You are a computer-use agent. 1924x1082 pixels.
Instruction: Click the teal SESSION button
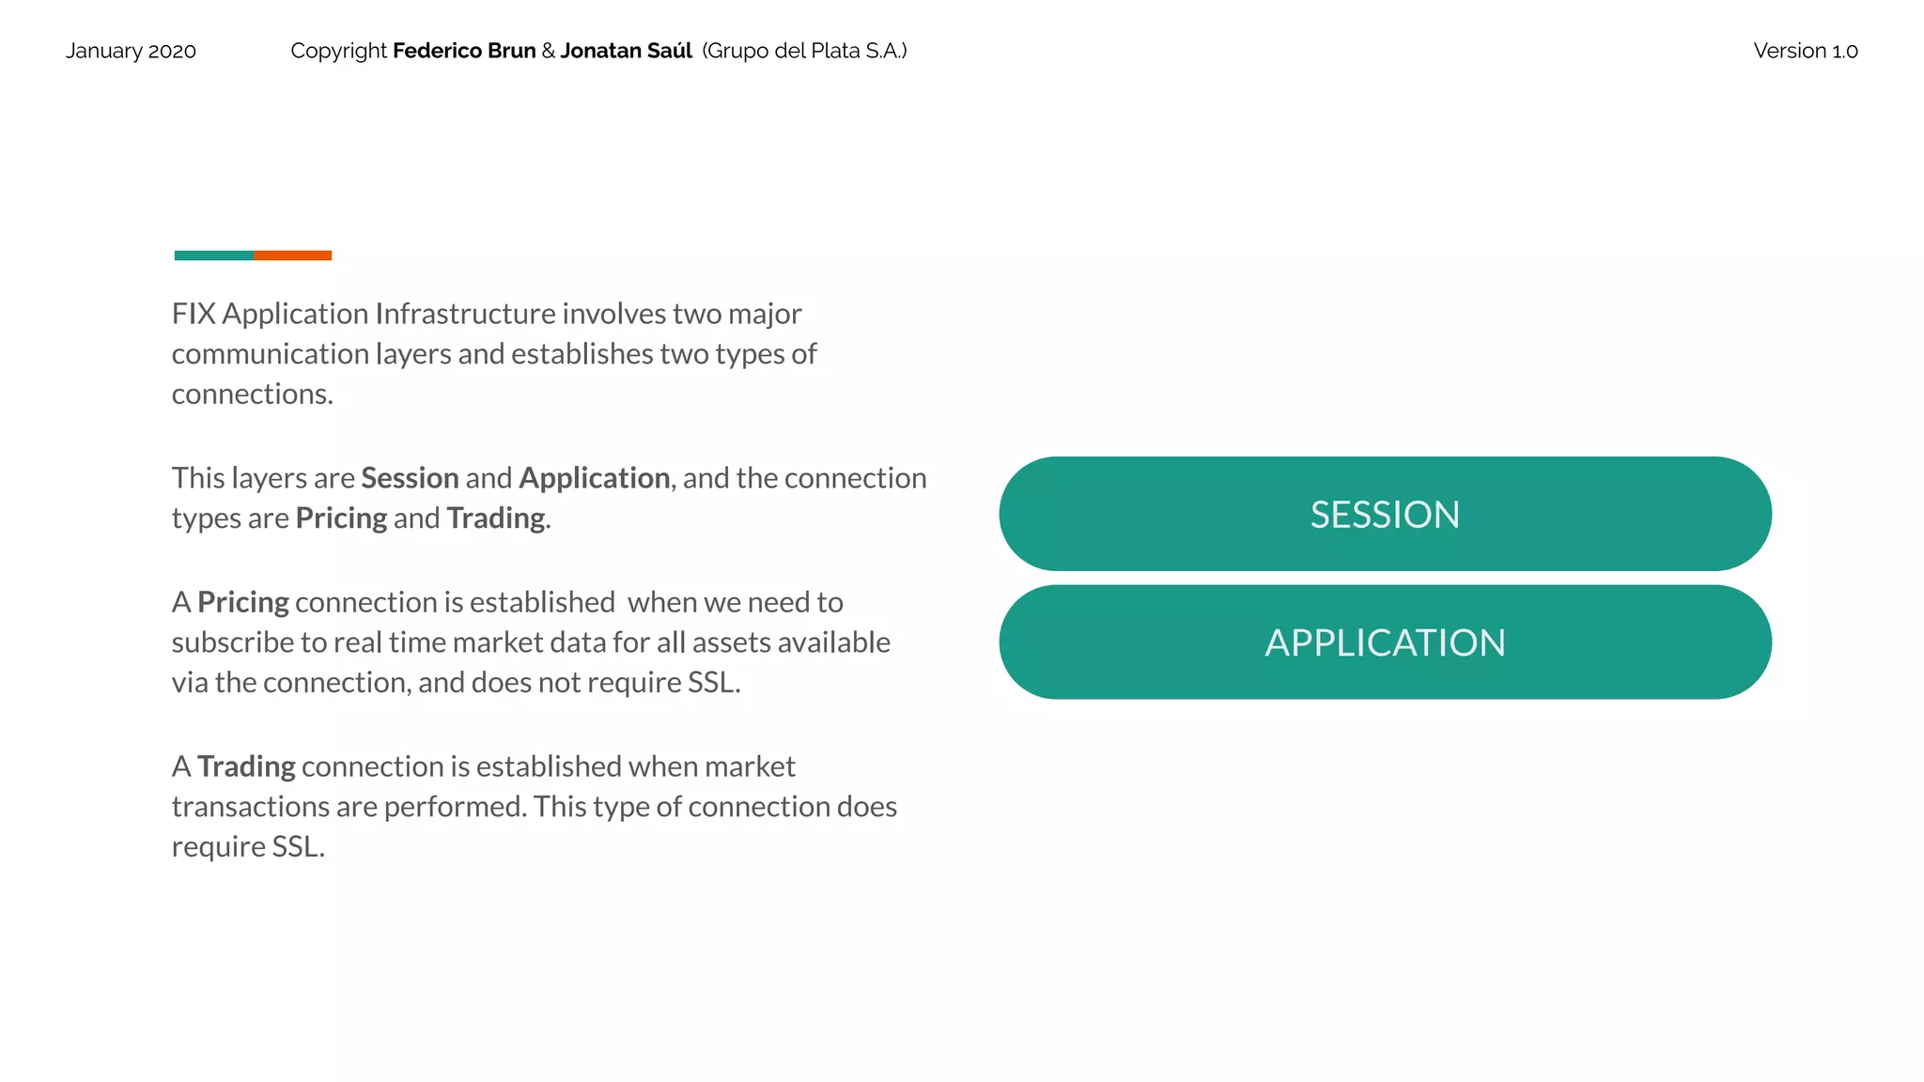pos(1385,514)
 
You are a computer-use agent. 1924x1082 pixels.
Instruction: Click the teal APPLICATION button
pos(1385,642)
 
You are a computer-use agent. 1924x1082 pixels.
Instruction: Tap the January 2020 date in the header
pos(131,51)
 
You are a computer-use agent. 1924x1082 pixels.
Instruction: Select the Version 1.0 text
pos(1805,51)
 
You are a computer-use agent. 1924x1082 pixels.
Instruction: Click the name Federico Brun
pos(464,51)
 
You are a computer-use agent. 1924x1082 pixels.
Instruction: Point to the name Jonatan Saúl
pos(626,51)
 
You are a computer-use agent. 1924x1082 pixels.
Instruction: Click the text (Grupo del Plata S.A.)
pos(804,51)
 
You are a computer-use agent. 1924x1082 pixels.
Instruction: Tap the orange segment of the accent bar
pos(292,255)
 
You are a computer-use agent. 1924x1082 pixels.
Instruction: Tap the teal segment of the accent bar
pos(213,255)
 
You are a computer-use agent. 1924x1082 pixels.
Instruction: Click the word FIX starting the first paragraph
pos(194,314)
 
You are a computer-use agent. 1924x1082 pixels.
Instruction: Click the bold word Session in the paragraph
pos(410,478)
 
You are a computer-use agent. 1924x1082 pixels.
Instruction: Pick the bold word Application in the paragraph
pos(594,478)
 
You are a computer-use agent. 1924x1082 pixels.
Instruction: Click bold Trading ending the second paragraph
pos(495,518)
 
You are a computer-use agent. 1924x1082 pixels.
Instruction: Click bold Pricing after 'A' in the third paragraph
pos(243,602)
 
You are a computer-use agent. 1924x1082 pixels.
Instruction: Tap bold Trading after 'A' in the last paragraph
pos(246,766)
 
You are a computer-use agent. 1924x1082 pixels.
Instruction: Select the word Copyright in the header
pos(338,51)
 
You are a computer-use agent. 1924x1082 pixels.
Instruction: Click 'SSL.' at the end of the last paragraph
pos(298,847)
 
